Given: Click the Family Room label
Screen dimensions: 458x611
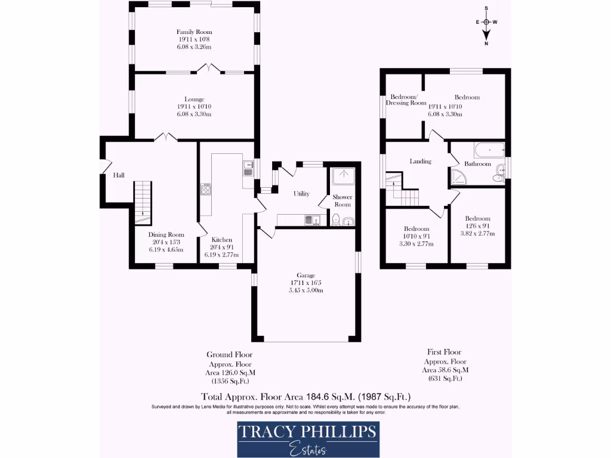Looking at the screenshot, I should coord(194,32).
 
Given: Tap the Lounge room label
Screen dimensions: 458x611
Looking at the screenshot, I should coord(194,100).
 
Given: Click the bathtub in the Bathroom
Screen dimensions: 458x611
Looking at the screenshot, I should coord(489,150).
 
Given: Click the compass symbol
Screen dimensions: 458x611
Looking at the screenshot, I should coord(486,22).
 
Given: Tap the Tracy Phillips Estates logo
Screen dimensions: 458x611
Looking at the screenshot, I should coord(308,439).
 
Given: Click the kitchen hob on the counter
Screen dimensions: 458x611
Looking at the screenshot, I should coord(206,190).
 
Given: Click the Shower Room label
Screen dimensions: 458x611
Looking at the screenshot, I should coord(342,200).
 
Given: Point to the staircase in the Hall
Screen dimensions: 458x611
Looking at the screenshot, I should coord(142,200).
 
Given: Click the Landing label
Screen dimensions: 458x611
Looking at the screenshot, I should coord(420,161).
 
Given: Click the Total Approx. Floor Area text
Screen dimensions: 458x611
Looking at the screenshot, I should coord(305,396).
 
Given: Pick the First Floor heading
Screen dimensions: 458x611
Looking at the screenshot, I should coord(445,352).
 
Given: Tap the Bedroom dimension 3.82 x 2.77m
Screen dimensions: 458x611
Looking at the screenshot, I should coord(477,233).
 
